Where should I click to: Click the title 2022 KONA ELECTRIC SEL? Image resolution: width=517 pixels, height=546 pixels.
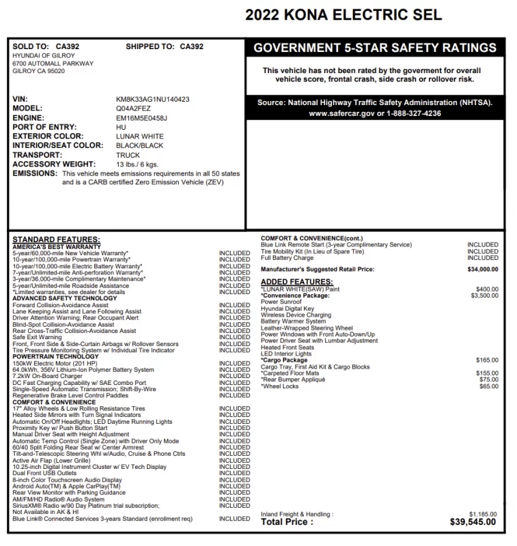[344, 14]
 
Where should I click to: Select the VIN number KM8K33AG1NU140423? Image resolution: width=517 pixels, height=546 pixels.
[153, 99]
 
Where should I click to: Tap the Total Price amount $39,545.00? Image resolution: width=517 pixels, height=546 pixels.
[473, 522]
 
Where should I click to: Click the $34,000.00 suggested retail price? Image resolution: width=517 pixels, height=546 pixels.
[482, 269]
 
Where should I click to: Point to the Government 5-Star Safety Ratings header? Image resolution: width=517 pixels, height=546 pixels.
[375, 48]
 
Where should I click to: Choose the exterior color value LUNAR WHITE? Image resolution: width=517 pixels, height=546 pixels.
[140, 136]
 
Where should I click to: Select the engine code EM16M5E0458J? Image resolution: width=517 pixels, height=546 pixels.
[141, 118]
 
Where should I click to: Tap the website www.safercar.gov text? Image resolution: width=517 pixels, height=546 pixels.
[335, 113]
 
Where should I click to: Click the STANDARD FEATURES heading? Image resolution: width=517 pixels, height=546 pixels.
[56, 240]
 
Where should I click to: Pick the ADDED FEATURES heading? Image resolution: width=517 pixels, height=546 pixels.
[297, 282]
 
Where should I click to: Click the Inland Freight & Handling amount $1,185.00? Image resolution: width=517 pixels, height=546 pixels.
[483, 514]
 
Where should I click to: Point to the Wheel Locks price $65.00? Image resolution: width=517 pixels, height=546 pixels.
[488, 386]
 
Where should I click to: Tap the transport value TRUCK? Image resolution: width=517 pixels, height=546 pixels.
[128, 155]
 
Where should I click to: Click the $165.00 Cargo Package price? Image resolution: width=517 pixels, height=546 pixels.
[486, 360]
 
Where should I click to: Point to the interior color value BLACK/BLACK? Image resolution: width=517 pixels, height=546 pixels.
[140, 145]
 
